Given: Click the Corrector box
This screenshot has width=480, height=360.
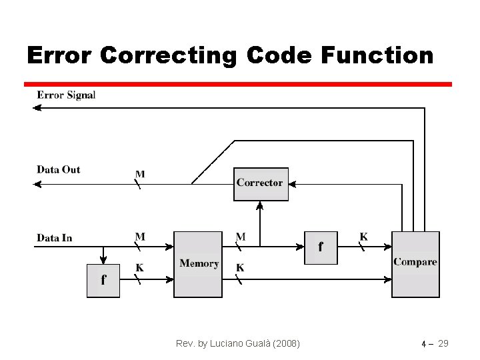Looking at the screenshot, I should point(261,183).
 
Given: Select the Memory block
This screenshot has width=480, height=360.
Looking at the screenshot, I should point(198,264).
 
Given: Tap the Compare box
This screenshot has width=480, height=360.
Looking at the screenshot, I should point(415,264).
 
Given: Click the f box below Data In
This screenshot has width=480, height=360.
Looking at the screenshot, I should point(103,281).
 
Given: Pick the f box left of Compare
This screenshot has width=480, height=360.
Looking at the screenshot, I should point(321,247).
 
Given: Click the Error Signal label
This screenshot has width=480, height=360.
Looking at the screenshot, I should point(66,95).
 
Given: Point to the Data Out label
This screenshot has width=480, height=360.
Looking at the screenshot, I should point(58,169).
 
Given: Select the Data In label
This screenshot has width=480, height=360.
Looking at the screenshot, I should point(54,237).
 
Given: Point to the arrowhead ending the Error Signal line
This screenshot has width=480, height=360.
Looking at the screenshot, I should point(37,108).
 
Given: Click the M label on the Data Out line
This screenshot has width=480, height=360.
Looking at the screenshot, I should point(140,174).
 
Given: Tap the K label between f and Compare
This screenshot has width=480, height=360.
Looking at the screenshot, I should point(363,237).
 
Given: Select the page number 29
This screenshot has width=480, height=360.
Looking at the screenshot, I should point(443,344).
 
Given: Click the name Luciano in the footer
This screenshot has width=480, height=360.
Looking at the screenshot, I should point(227,344).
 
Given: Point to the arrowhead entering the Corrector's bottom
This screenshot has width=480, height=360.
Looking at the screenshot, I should point(261,205).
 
